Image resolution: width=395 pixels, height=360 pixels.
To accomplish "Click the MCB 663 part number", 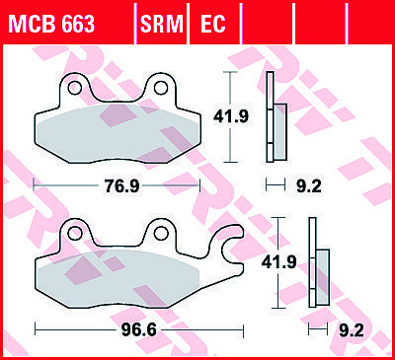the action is (x=52, y=24).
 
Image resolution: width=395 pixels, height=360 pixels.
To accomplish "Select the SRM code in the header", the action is (x=161, y=24).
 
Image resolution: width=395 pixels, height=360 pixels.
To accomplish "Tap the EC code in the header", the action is (x=213, y=24).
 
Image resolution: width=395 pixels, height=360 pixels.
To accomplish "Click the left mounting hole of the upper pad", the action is (x=75, y=88).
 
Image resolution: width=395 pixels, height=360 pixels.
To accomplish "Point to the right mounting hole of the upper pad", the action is (x=161, y=88).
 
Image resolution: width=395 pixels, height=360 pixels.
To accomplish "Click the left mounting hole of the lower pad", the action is (x=75, y=233).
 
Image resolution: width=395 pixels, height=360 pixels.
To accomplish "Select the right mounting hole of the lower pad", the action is (x=161, y=233).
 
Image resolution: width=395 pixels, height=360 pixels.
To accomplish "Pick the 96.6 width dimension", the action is (x=139, y=330).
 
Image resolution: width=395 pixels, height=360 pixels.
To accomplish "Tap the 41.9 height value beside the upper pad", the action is (x=231, y=116).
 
